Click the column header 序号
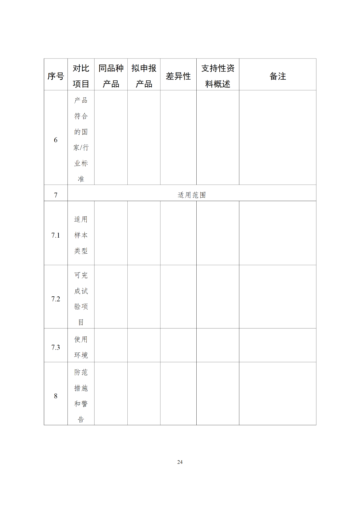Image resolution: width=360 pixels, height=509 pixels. (56, 76)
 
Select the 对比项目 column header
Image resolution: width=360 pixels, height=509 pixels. (81, 76)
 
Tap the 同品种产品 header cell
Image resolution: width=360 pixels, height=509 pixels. (111, 76)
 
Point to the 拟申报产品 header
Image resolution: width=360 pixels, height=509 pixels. (144, 76)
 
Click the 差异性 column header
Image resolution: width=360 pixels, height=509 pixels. (178, 76)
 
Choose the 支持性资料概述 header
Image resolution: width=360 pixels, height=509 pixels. (218, 76)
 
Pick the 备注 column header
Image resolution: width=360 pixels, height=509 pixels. (278, 76)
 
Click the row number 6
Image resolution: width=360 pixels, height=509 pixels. (56, 140)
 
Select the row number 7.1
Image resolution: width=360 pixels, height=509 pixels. (56, 235)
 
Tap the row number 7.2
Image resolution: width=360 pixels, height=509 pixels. (56, 299)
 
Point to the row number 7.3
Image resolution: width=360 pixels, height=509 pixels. (56, 347)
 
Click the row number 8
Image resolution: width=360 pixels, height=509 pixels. (56, 396)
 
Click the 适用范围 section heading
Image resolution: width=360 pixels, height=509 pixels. (192, 195)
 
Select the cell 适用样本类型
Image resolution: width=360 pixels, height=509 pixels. (81, 235)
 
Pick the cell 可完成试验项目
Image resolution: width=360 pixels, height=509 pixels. (81, 299)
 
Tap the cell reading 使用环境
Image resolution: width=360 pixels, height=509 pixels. (81, 347)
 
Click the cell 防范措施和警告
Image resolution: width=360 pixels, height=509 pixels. (81, 396)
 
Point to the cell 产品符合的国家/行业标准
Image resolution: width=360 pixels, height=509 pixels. (81, 140)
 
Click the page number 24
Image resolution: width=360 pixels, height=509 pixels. (180, 462)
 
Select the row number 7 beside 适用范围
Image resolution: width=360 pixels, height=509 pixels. (56, 195)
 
